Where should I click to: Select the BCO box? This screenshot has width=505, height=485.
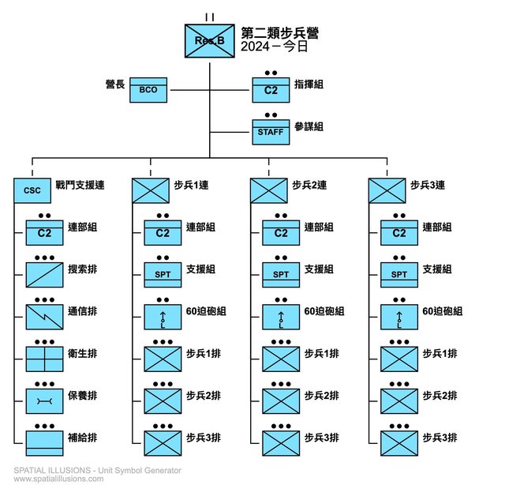tap(148, 89)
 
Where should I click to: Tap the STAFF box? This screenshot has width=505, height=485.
tap(271, 131)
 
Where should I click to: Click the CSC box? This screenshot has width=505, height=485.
tap(32, 190)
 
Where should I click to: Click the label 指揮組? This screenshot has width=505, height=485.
tap(309, 85)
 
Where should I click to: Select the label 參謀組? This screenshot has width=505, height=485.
tap(309, 126)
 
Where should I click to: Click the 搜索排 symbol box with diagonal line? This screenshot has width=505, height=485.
tap(44, 274)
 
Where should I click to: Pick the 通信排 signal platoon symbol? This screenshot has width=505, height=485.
tap(44, 316)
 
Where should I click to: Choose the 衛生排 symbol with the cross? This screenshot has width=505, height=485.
tap(44, 358)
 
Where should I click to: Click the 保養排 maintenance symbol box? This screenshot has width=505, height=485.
tap(44, 400)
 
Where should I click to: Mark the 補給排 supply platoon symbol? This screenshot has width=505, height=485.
tap(44, 442)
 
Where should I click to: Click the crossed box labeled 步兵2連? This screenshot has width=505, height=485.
tap(269, 190)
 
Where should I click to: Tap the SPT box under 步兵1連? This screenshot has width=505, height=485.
tap(163, 274)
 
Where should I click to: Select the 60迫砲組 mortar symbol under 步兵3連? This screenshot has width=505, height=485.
tap(399, 316)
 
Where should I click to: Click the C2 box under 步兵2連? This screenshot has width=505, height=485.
tap(281, 232)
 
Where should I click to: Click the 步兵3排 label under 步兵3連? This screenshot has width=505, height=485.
tap(440, 437)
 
